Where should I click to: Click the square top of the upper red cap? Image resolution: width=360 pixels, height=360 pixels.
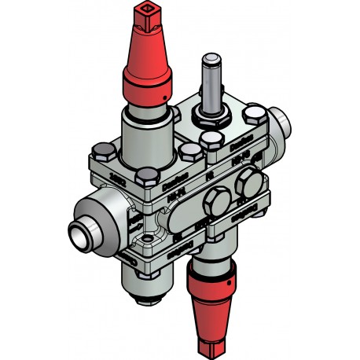(x=145, y=13)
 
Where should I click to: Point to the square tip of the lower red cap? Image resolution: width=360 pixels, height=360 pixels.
(x=212, y=345)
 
